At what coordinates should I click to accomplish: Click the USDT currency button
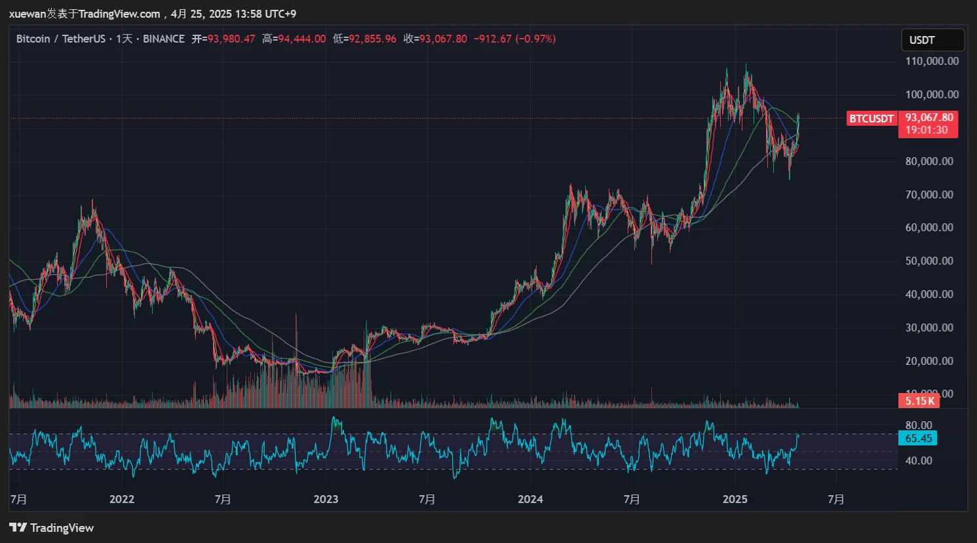pyautogui.click(x=932, y=40)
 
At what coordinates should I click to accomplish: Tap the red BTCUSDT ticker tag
pyautogui.click(x=872, y=119)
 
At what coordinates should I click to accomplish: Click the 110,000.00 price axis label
pyautogui.click(x=932, y=61)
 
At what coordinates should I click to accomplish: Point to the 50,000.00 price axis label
pyautogui.click(x=929, y=261)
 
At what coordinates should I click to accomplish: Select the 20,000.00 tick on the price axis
pyautogui.click(x=929, y=361)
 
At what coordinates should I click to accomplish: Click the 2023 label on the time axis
pyautogui.click(x=326, y=499)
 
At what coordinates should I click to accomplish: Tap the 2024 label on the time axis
pyautogui.click(x=530, y=499)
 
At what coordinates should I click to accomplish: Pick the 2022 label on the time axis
pyautogui.click(x=122, y=499)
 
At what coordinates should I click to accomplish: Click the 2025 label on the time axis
pyautogui.click(x=735, y=499)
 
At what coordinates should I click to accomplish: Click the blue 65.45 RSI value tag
pyautogui.click(x=918, y=438)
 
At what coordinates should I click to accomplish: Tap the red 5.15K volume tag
pyautogui.click(x=919, y=401)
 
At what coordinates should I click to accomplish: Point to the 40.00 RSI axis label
pyautogui.click(x=919, y=460)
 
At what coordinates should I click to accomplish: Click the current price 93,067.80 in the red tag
pyautogui.click(x=929, y=118)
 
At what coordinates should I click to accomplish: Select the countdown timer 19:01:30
pyautogui.click(x=927, y=130)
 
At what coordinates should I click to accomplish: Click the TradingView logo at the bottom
pyautogui.click(x=52, y=528)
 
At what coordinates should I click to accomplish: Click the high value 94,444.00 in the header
pyautogui.click(x=301, y=39)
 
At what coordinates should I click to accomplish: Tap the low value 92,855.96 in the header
pyautogui.click(x=372, y=39)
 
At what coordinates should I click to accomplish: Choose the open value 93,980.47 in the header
pyautogui.click(x=231, y=39)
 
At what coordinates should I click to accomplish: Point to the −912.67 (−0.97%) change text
pyautogui.click(x=514, y=39)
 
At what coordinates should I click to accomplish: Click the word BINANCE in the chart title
pyautogui.click(x=164, y=39)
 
